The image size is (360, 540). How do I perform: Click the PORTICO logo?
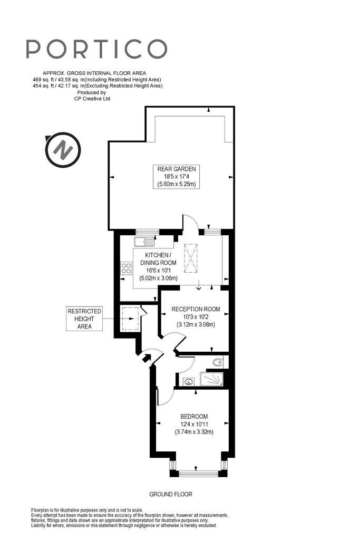[x=96, y=49]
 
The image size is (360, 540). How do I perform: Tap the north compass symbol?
[x=63, y=150]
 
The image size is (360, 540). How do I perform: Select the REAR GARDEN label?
[x=177, y=169]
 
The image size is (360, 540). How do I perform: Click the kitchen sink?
[x=145, y=242]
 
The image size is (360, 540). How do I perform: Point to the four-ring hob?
[x=126, y=268]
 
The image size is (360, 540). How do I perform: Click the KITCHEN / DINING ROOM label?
[x=158, y=258]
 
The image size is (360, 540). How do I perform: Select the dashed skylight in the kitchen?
[x=191, y=258]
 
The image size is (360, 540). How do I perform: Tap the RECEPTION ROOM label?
[x=196, y=309]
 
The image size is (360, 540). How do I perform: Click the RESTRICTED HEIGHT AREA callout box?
[x=84, y=319]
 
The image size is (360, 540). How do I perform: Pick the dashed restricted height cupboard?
[x=130, y=319]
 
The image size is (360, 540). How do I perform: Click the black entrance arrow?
[x=147, y=358]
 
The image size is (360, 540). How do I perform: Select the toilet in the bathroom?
[x=218, y=362]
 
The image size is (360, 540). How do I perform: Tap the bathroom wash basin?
[x=188, y=382]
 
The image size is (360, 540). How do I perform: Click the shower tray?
[x=212, y=379]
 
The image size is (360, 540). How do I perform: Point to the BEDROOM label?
[x=194, y=417]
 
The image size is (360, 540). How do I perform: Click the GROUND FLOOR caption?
[x=171, y=494]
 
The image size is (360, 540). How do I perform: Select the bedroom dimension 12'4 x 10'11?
[x=194, y=425]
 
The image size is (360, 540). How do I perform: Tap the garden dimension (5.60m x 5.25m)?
[x=177, y=184]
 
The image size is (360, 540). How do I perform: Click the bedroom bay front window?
[x=199, y=474]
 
